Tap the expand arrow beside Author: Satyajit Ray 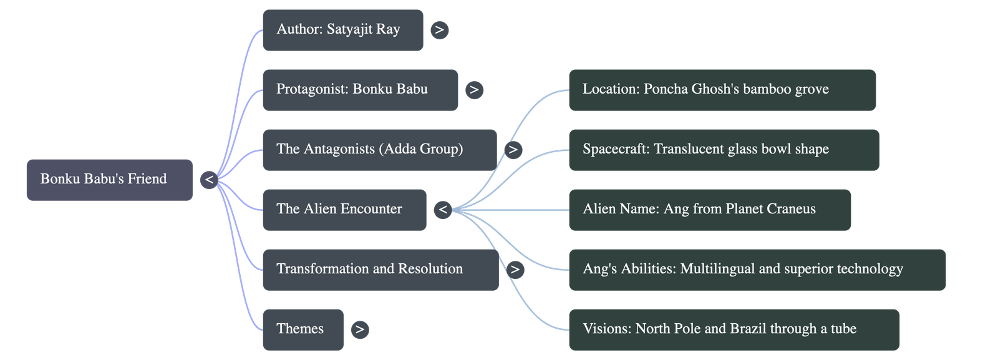[x=440, y=30]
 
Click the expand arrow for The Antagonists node [x=513, y=150]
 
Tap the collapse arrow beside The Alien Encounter [x=443, y=210]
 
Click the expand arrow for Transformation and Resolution [x=515, y=270]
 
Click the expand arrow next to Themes [x=359, y=329]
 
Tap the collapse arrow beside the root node [x=210, y=180]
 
